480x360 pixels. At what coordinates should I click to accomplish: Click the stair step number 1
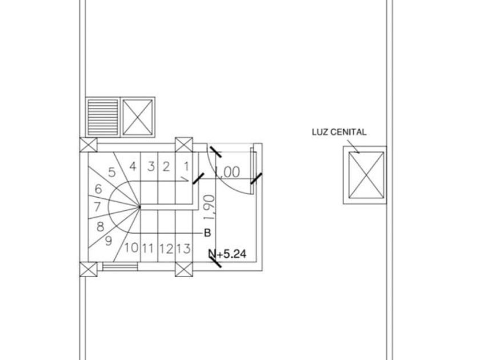click(x=186, y=166)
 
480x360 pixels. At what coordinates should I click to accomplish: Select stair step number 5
click(x=112, y=173)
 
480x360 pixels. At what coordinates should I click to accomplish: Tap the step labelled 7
click(x=97, y=207)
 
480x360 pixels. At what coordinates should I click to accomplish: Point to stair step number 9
click(x=109, y=241)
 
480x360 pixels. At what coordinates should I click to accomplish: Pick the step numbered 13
click(x=183, y=248)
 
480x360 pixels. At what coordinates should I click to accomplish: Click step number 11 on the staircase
click(x=148, y=248)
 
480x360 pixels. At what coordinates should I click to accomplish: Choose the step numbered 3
click(x=151, y=166)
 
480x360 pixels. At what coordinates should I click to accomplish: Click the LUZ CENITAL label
click(x=339, y=132)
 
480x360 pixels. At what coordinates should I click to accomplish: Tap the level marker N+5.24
click(x=227, y=254)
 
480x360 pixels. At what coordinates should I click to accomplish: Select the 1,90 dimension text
click(x=210, y=207)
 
